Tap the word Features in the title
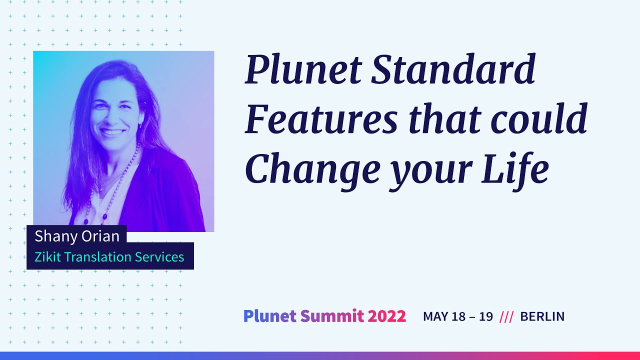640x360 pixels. pyautogui.click(x=321, y=119)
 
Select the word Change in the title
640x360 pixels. pyautogui.click(x=312, y=169)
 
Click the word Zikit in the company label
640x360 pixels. pyautogui.click(x=44, y=257)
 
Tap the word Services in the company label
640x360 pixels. pyautogui.click(x=159, y=257)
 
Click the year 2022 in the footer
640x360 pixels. pyautogui.click(x=386, y=316)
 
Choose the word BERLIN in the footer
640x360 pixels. pyautogui.click(x=542, y=316)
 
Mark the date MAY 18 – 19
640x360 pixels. pyautogui.click(x=457, y=316)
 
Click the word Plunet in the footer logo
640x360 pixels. pyautogui.click(x=270, y=316)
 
